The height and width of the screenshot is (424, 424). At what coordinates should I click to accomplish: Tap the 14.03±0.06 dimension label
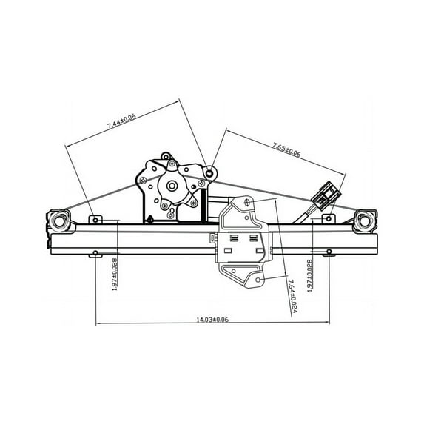[212, 319]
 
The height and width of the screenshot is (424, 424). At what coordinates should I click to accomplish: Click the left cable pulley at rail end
[58, 221]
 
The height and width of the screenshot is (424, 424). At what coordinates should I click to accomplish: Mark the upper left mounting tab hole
[94, 219]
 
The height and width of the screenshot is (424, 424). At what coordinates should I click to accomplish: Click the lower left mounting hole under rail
[95, 255]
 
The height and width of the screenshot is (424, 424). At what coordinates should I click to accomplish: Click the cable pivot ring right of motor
[210, 172]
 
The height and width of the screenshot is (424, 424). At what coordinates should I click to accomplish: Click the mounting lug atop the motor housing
[167, 156]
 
